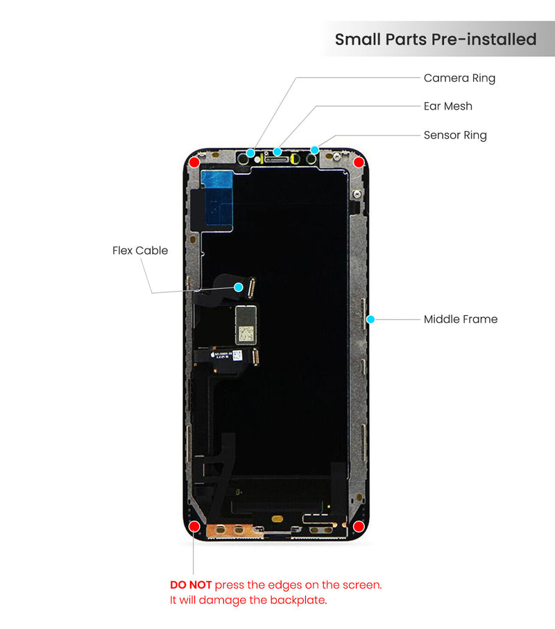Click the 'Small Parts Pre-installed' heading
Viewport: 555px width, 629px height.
click(436, 40)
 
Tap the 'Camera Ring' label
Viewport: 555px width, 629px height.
click(459, 78)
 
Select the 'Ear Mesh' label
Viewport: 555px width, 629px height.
click(447, 106)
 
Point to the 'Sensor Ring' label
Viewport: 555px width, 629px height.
click(455, 135)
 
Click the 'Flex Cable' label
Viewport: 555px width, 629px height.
click(140, 251)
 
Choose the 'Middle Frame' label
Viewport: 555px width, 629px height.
click(461, 319)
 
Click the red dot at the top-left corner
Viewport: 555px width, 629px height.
click(195, 162)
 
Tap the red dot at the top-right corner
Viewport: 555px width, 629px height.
click(359, 162)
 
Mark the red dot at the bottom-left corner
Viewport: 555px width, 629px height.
click(195, 526)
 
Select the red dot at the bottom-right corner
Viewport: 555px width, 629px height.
click(359, 526)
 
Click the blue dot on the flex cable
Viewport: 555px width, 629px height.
click(239, 287)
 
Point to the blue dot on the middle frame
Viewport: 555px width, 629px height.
click(370, 319)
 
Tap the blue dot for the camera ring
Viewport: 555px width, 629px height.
click(250, 152)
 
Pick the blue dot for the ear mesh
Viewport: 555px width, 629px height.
click(277, 151)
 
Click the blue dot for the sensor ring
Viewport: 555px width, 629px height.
click(314, 149)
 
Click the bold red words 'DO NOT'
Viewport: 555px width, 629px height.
click(191, 585)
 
